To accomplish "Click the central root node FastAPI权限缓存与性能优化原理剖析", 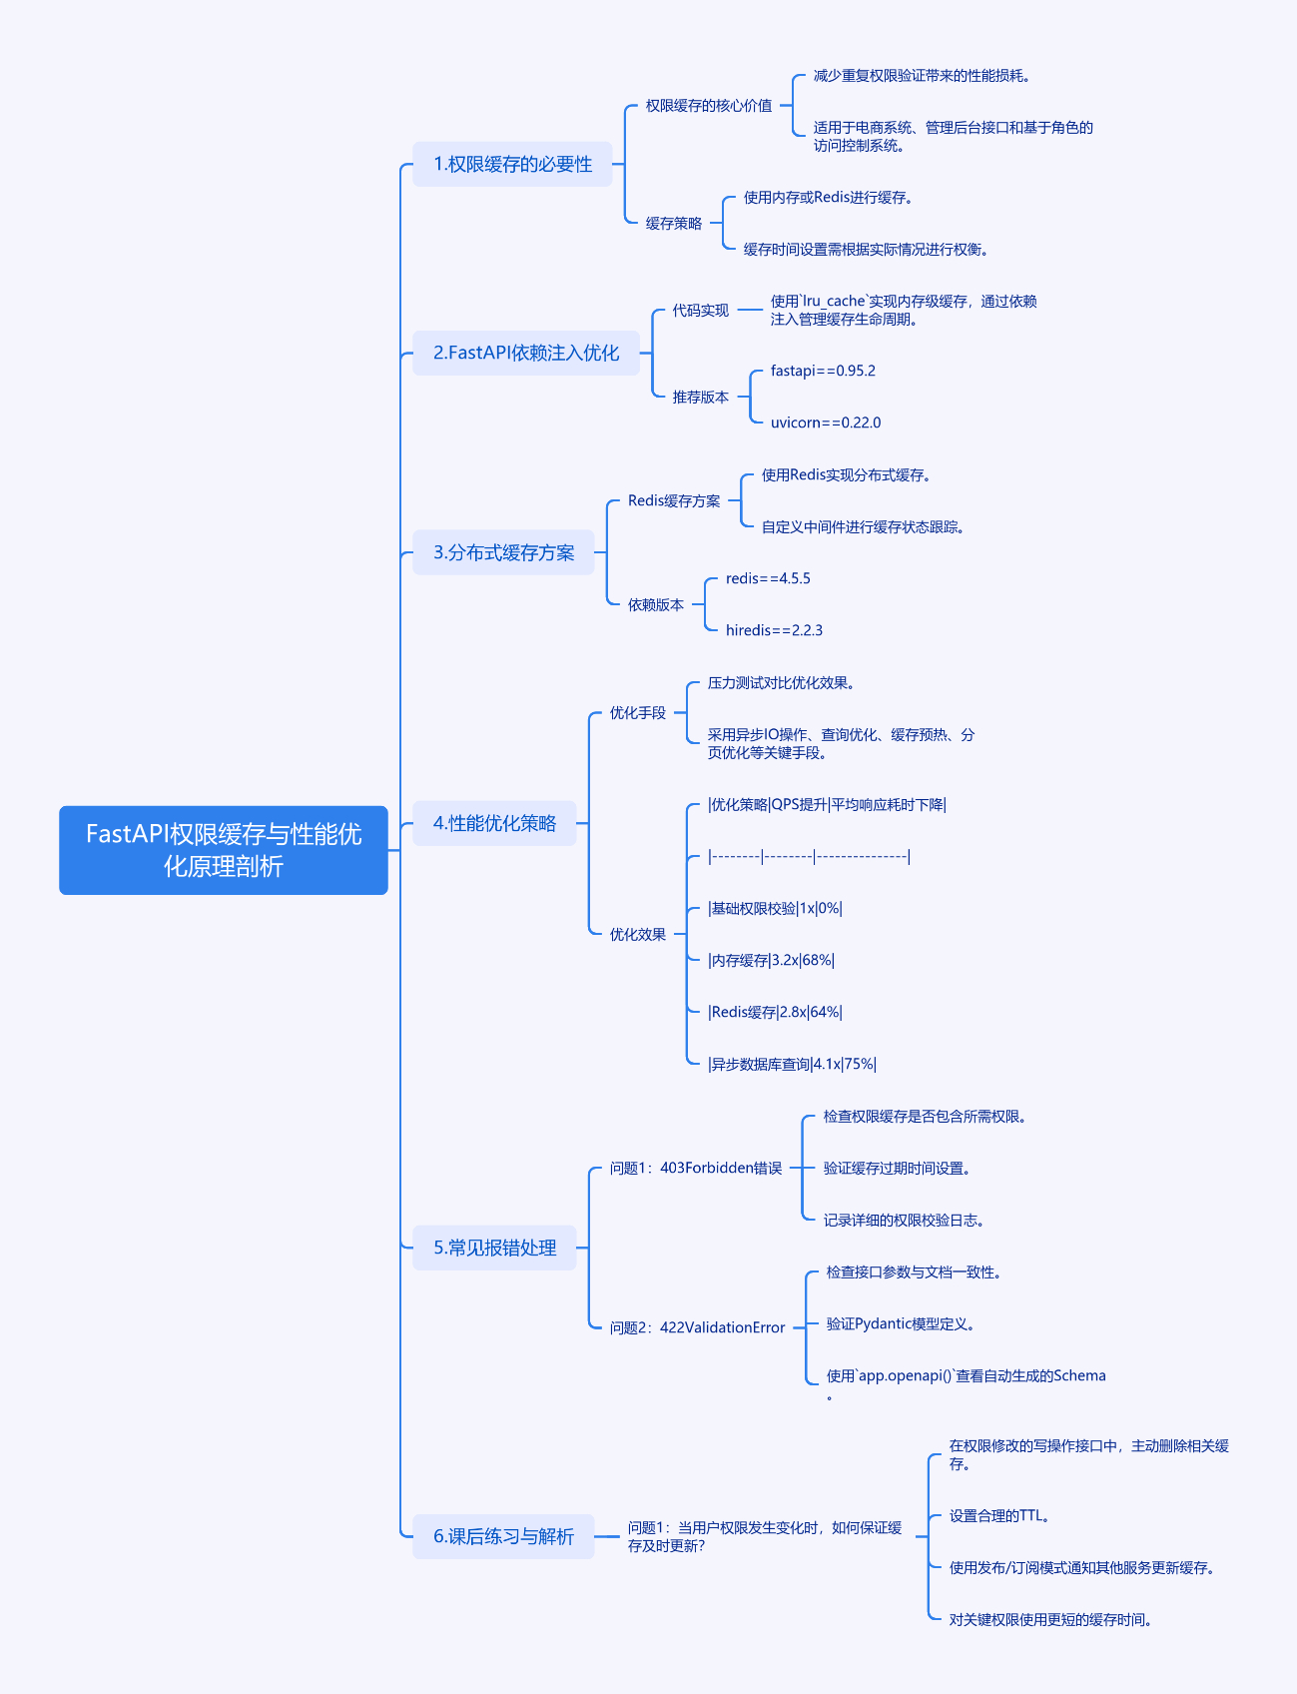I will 224,850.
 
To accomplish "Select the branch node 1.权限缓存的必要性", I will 512,164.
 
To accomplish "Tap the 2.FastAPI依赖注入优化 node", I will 526,353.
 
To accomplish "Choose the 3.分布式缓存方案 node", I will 503,552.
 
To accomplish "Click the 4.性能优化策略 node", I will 494,823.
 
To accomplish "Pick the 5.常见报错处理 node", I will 494,1248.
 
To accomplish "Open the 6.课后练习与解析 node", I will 503,1536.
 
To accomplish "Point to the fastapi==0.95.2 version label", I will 823,371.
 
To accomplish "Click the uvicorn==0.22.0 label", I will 826,423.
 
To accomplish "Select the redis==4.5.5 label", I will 768,578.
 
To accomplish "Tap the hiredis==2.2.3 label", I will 774,630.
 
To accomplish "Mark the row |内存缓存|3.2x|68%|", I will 771,960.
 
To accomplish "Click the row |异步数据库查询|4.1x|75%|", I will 792,1064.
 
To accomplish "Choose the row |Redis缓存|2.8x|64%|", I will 775,1012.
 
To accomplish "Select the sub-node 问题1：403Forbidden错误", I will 696,1168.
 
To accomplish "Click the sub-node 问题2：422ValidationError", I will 697,1327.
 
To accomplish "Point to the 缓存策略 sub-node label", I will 674,224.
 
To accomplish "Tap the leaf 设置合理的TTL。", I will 999,1515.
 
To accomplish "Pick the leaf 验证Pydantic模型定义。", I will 901,1323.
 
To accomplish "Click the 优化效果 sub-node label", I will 638,934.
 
